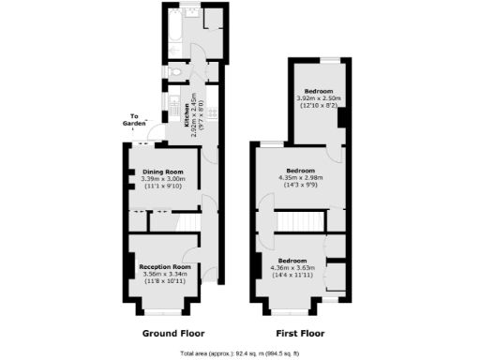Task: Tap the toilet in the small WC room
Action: pos(176,72)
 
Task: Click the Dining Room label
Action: pos(162,172)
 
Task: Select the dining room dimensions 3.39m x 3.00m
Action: pos(162,179)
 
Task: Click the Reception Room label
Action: pos(165,266)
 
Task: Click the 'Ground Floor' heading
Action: pos(173,333)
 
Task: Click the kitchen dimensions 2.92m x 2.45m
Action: pos(194,114)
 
